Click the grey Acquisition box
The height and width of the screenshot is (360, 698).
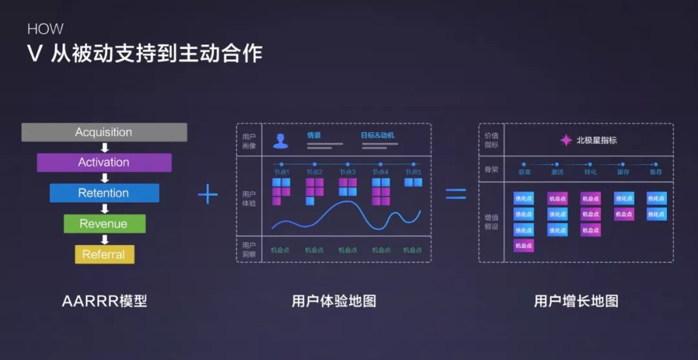pos(104,132)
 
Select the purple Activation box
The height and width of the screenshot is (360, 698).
pos(104,162)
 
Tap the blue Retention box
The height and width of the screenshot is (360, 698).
pos(104,193)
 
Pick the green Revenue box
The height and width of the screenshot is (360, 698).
pos(104,224)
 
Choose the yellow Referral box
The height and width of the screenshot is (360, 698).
pos(104,254)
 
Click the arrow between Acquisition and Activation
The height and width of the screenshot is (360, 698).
pos(105,147)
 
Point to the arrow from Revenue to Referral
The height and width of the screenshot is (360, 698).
pos(105,239)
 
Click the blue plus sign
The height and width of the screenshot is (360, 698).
pos(207,194)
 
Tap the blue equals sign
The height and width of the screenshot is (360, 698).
pos(456,194)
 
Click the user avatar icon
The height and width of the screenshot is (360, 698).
pos(280,140)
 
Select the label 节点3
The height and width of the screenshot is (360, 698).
pos(348,172)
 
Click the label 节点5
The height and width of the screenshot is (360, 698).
pos(413,172)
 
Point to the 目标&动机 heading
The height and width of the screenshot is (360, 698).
pos(377,136)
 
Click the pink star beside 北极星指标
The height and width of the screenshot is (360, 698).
pos(566,140)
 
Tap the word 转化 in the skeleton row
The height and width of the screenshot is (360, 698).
pos(590,172)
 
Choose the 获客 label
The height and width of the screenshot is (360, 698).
pos(524,172)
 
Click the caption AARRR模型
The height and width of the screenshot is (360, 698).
pos(105,301)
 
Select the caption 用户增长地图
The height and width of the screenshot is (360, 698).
pos(576,301)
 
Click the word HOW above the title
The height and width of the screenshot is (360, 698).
pos(45,29)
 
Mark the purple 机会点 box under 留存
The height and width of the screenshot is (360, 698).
pos(624,214)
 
